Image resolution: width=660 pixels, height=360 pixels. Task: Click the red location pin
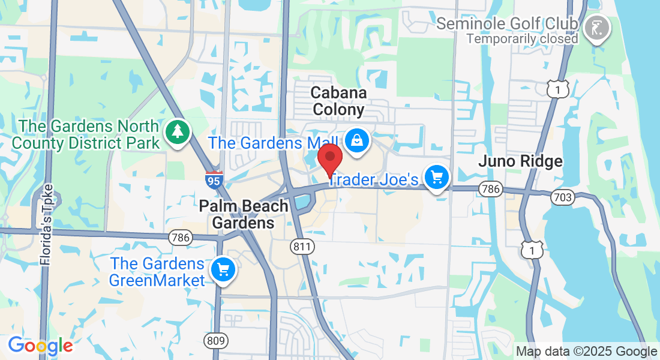(329, 159)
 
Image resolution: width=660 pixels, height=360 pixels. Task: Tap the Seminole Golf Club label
(507, 24)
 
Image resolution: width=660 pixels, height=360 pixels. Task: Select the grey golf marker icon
(597, 28)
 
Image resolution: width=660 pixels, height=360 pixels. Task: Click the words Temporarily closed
(522, 38)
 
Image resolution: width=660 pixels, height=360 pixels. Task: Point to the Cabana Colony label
(338, 101)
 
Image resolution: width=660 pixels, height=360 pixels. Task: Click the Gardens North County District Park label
(86, 135)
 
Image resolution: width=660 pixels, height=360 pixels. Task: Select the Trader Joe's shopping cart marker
(437, 178)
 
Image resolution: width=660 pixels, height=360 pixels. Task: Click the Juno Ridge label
(520, 161)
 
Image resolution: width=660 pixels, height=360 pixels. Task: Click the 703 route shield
(564, 196)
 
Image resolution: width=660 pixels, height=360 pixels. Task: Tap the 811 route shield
(300, 245)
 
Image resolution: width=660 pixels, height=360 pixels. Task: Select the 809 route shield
(215, 341)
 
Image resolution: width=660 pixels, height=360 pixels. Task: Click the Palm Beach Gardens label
(244, 215)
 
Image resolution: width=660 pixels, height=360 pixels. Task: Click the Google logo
(40, 346)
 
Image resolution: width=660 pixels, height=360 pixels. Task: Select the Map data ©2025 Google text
(586, 352)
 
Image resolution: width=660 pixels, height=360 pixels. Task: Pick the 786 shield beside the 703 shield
(490, 190)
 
